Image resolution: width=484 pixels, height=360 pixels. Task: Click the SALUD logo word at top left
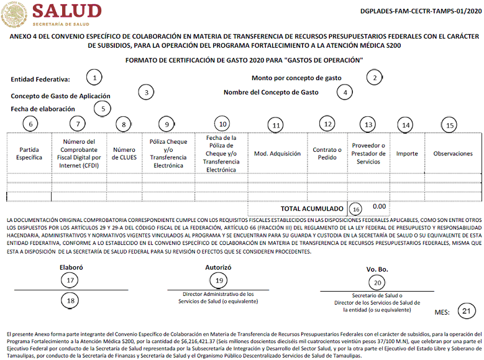(66, 11)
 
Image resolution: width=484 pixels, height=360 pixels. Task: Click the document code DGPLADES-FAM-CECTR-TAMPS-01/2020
(420, 11)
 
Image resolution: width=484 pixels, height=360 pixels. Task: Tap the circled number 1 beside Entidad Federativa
(94, 78)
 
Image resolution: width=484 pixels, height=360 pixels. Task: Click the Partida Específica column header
(29, 154)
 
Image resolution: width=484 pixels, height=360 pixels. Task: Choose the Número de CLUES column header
(124, 154)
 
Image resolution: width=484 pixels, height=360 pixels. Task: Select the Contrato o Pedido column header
(327, 154)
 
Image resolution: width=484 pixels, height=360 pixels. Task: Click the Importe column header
(407, 154)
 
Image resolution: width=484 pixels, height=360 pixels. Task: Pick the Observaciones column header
(452, 154)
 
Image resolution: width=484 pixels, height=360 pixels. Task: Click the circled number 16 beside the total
(355, 208)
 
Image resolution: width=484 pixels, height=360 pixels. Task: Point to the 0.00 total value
(379, 206)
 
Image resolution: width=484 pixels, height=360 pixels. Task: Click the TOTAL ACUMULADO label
(312, 209)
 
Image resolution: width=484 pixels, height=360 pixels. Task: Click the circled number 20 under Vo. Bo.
(376, 282)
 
